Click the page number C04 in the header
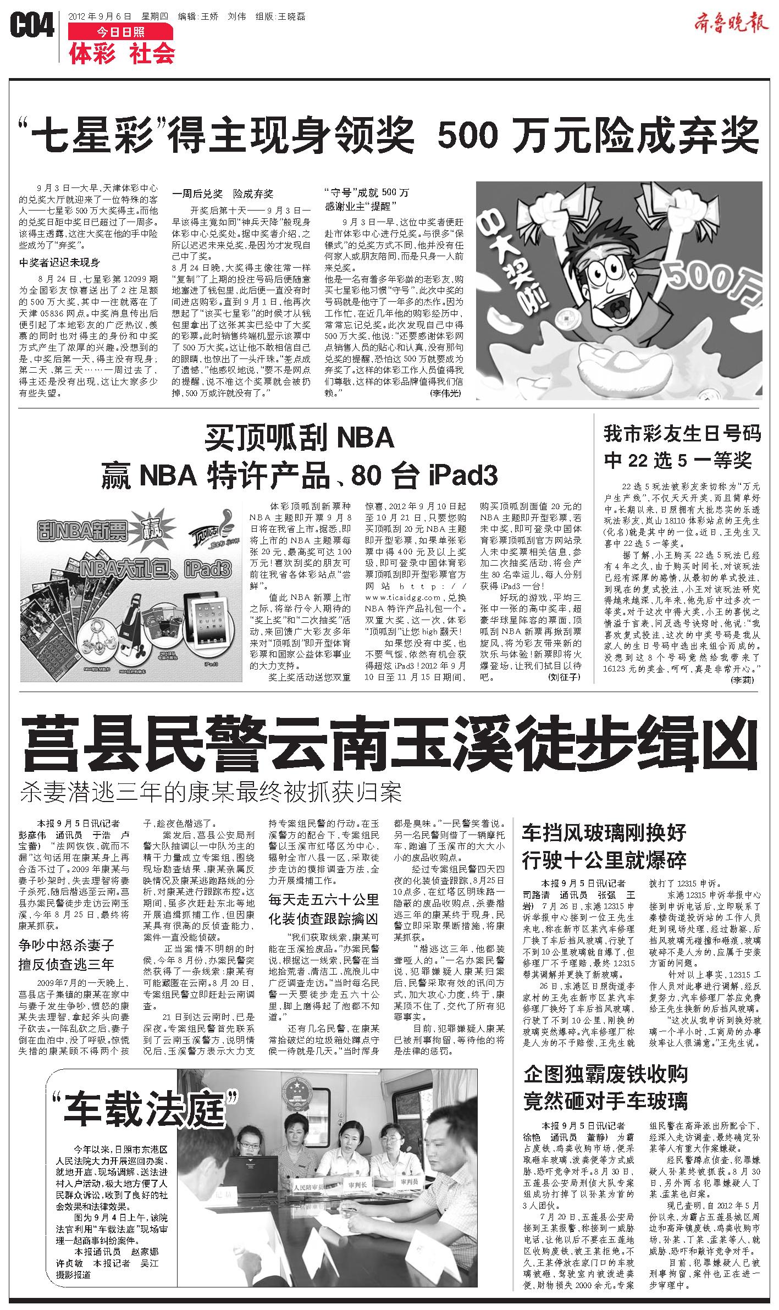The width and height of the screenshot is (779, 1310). [32, 26]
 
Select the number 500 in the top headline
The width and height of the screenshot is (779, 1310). [469, 134]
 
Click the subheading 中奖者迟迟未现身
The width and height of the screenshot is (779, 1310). [59, 262]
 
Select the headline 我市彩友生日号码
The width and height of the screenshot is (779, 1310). [682, 434]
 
